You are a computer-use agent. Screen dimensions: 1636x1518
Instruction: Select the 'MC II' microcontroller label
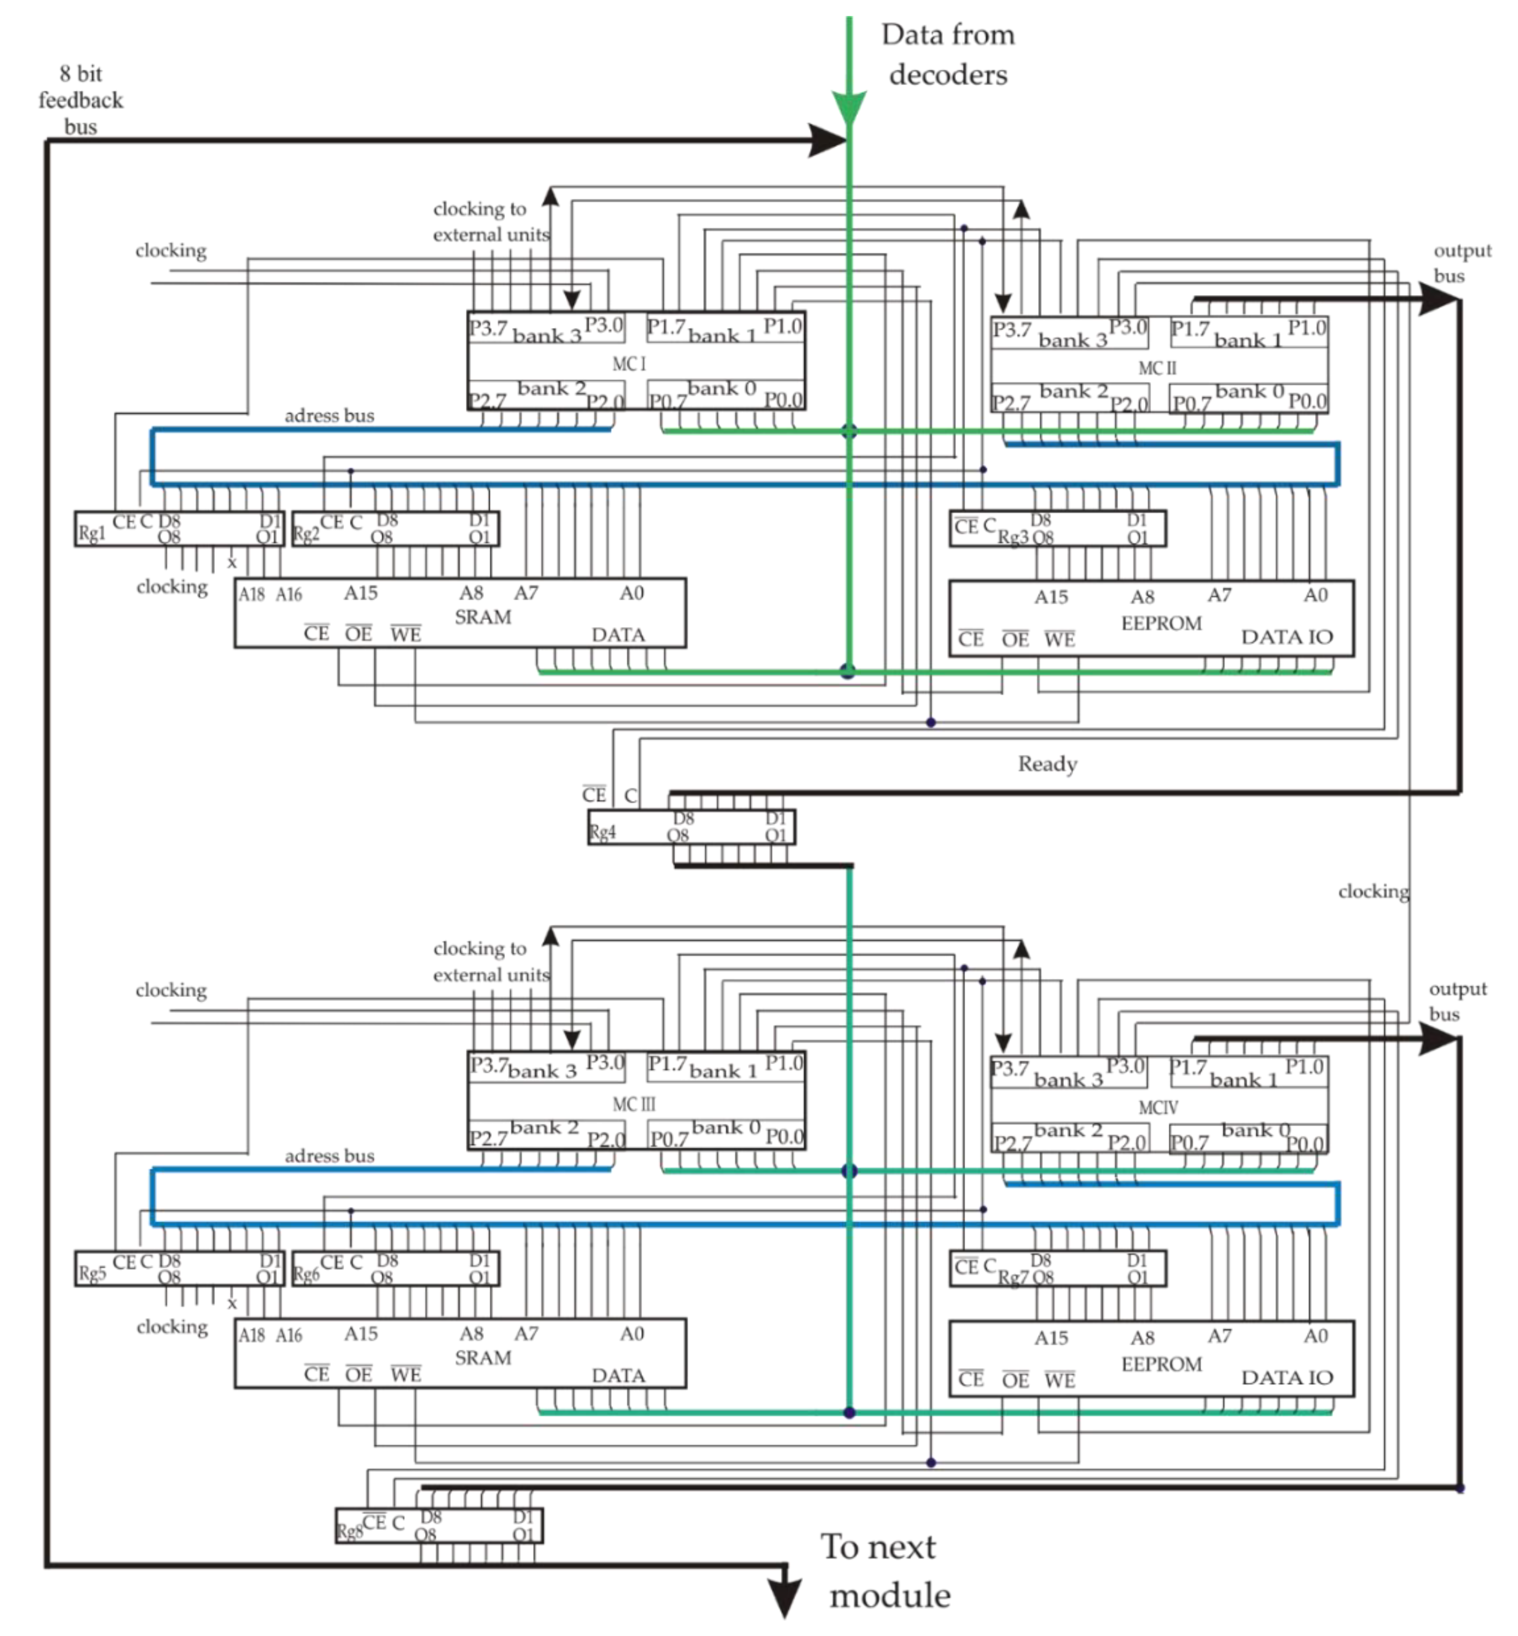[1157, 368]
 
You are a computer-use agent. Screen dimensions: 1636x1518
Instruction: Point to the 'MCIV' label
[1157, 1107]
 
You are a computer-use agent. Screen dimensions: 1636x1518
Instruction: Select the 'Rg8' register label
[348, 1531]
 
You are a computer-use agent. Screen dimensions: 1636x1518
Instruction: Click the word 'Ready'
[1047, 764]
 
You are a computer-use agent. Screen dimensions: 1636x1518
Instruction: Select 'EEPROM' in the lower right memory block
[1161, 1364]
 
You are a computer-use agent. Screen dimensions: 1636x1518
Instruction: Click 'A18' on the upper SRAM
[251, 594]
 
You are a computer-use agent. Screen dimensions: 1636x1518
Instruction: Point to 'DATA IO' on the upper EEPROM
[1286, 637]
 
